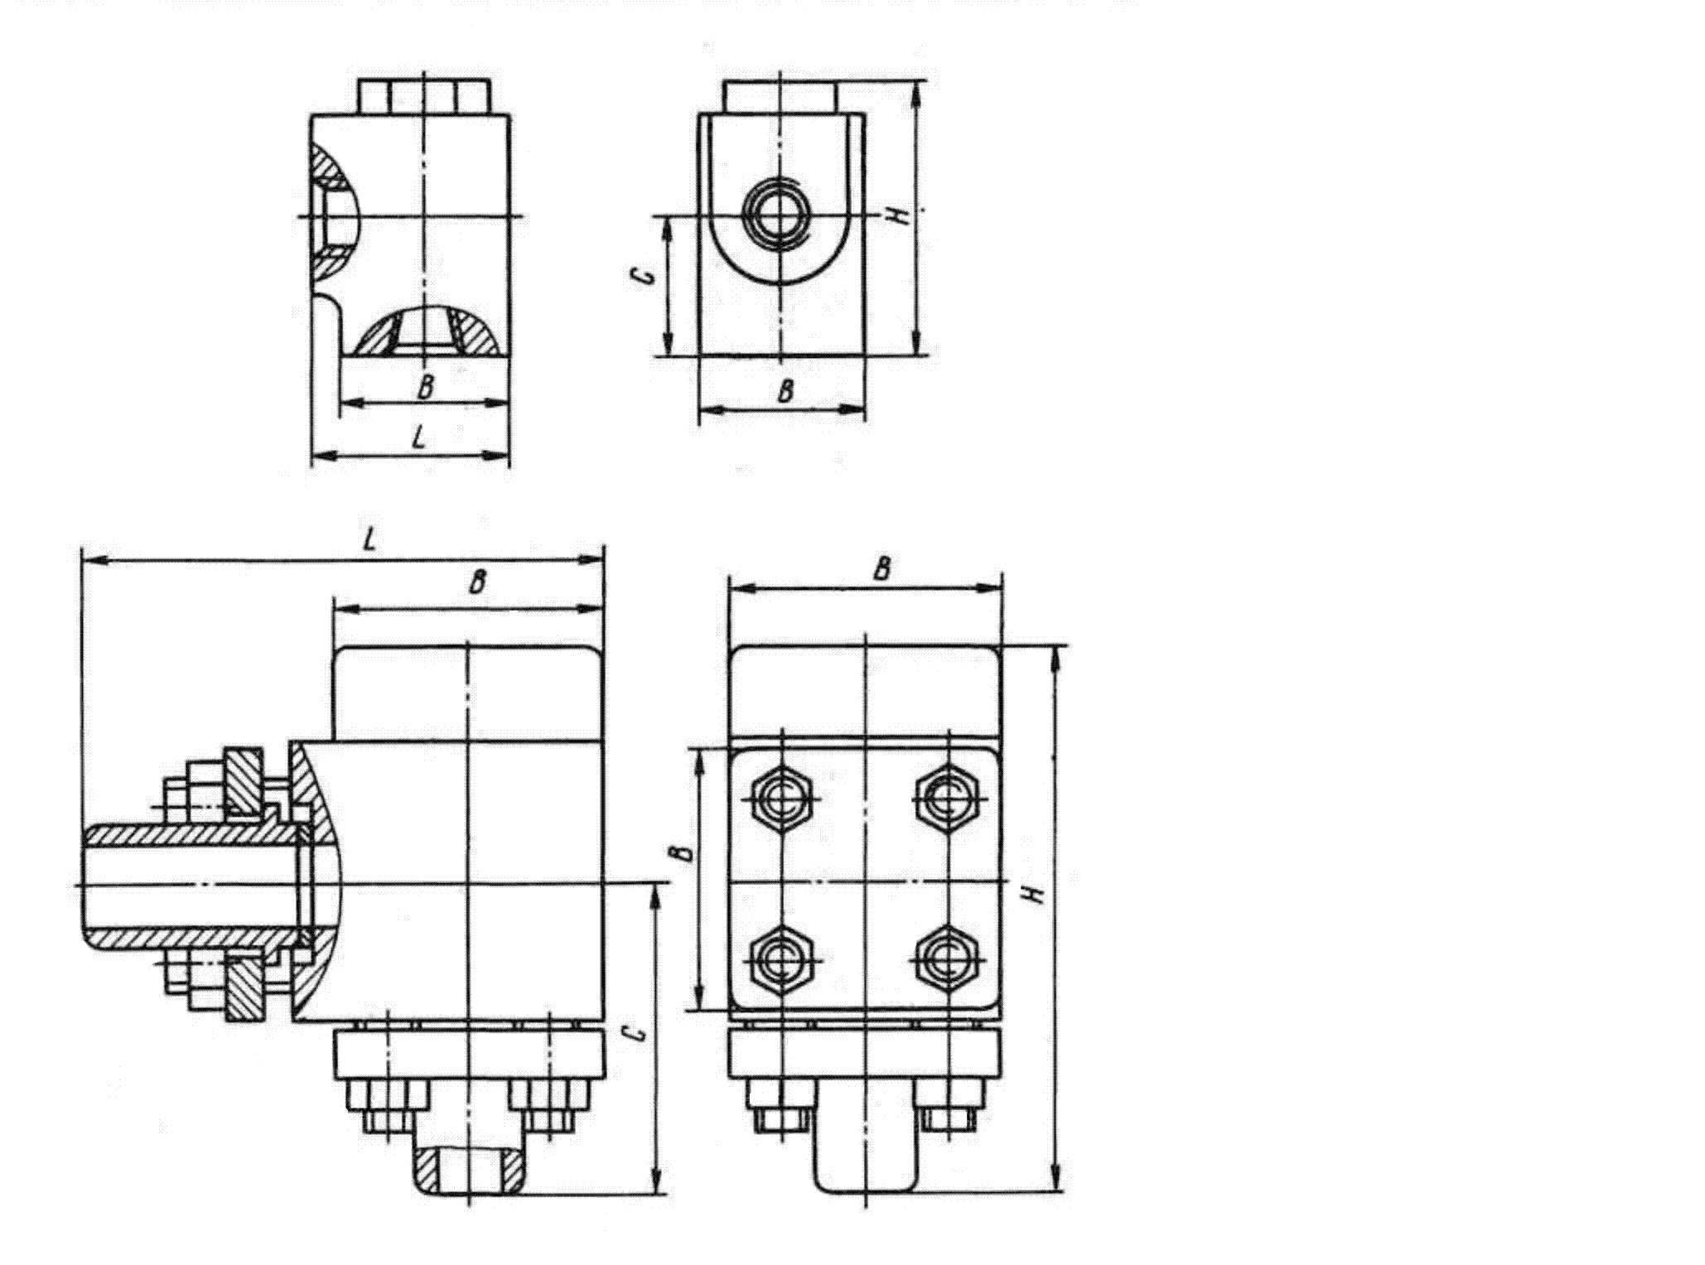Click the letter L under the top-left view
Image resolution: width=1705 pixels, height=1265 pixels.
point(420,438)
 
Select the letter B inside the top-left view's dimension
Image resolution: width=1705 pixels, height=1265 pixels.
point(425,387)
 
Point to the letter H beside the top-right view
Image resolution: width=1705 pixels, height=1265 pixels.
point(900,215)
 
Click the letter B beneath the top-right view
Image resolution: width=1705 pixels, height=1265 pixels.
point(785,390)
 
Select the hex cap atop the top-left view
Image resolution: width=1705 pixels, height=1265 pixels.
point(423,96)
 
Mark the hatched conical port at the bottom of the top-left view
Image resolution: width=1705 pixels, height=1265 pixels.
point(424,331)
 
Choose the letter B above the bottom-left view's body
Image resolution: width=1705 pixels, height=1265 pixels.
point(476,582)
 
